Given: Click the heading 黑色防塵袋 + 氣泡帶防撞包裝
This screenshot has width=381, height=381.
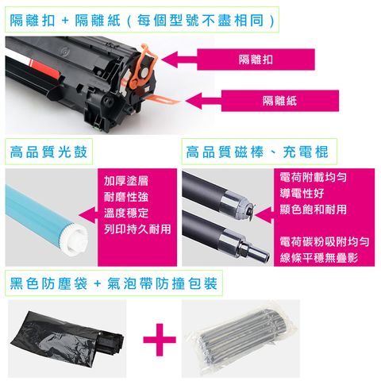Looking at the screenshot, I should [111, 283].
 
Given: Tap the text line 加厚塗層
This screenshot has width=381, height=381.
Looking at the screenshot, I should [125, 180].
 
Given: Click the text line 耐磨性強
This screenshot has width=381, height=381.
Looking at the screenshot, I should [125, 197].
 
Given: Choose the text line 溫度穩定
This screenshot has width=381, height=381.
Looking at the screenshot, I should [125, 213].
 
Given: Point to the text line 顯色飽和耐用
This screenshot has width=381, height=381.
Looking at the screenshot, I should [313, 208].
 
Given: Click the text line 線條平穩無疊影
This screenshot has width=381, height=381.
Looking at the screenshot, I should [318, 256].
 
